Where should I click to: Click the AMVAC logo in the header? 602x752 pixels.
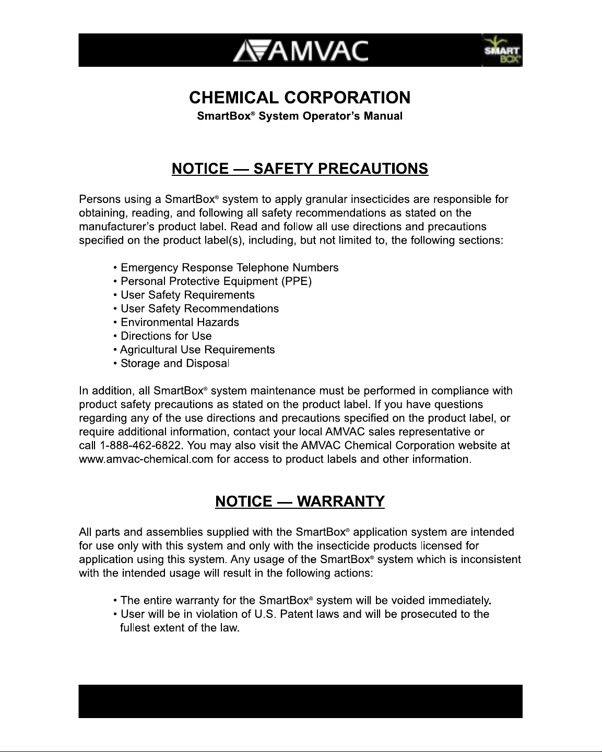tap(300, 51)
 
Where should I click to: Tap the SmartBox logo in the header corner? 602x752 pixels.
tap(502, 51)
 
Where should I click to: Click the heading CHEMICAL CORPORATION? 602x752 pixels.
tap(300, 98)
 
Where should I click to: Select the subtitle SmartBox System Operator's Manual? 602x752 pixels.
tap(300, 116)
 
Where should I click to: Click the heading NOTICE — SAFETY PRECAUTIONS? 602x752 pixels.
tap(300, 169)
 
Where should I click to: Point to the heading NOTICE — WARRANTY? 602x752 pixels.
tap(300, 502)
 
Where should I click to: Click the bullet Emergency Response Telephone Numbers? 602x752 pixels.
tap(229, 268)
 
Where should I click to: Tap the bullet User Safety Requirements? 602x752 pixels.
tap(187, 295)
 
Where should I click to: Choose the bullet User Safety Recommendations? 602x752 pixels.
tap(199, 308)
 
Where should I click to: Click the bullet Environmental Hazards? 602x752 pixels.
tap(180, 323)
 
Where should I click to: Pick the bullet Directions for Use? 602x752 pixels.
tap(166, 336)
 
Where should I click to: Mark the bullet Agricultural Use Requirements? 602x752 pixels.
tap(197, 350)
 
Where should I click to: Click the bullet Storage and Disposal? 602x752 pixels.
tap(174, 363)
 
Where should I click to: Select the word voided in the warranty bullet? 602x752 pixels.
tap(412, 601)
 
